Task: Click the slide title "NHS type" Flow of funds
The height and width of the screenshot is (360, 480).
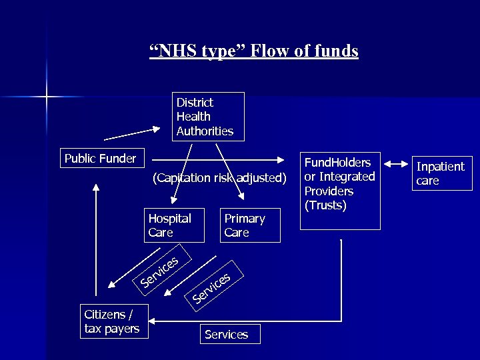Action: point(253,51)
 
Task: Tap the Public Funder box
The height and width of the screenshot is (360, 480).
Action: point(100,159)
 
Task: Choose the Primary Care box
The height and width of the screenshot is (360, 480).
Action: point(250,225)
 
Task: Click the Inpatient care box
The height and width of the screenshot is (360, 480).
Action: point(443,173)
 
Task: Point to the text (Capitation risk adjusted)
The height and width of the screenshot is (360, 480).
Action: point(219,179)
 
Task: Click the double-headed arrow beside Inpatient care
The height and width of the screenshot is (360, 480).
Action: point(397,164)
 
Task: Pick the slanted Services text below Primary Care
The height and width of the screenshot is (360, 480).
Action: point(212,287)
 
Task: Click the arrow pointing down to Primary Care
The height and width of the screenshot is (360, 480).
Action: point(228,171)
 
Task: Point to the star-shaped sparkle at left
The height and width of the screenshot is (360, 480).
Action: point(46,97)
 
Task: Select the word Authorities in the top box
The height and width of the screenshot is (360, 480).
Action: point(205,131)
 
